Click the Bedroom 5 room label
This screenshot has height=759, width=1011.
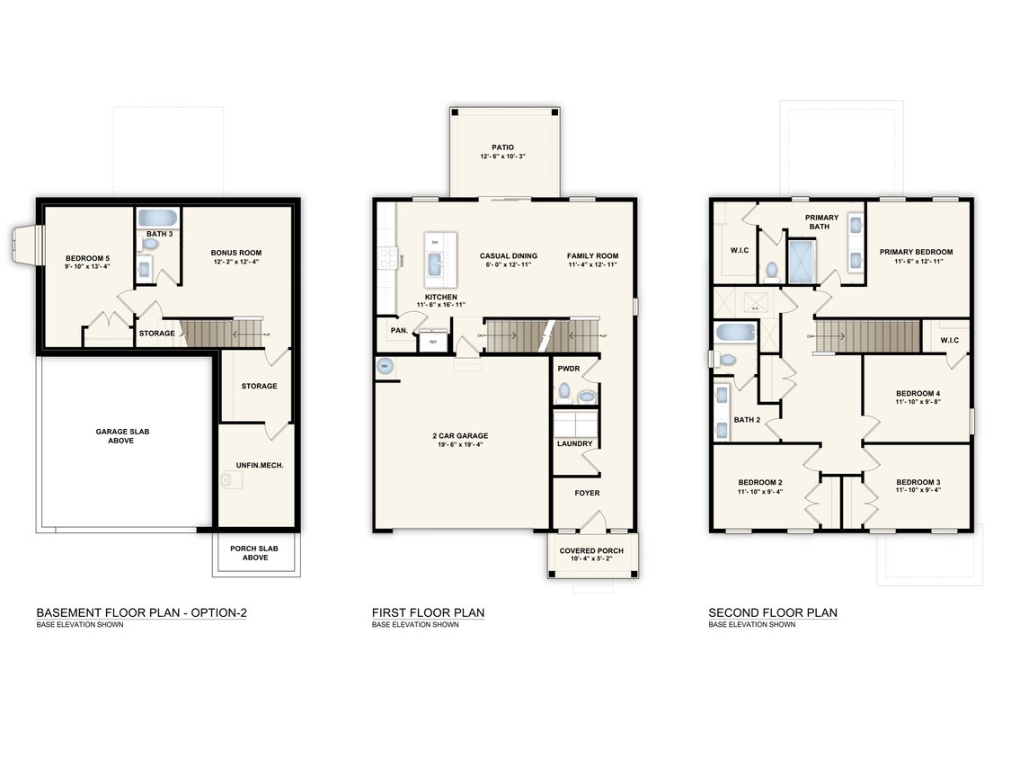[87, 259]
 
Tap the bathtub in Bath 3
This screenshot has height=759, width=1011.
[159, 218]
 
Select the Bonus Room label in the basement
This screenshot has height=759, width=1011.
[236, 253]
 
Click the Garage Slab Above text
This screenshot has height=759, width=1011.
[122, 436]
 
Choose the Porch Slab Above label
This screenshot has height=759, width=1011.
[256, 552]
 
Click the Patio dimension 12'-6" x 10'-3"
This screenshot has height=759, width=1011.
[502, 156]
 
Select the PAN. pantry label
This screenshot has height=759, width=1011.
[399, 331]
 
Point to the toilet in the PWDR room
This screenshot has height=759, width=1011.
[563, 391]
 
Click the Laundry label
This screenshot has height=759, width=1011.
[574, 443]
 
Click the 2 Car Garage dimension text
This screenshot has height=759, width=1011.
[459, 444]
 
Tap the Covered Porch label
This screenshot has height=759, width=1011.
[592, 550]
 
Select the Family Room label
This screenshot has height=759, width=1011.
[592, 256]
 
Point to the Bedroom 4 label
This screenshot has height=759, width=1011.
[918, 393]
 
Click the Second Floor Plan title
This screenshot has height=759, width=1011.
[772, 613]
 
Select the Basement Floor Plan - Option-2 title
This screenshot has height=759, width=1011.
[141, 613]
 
